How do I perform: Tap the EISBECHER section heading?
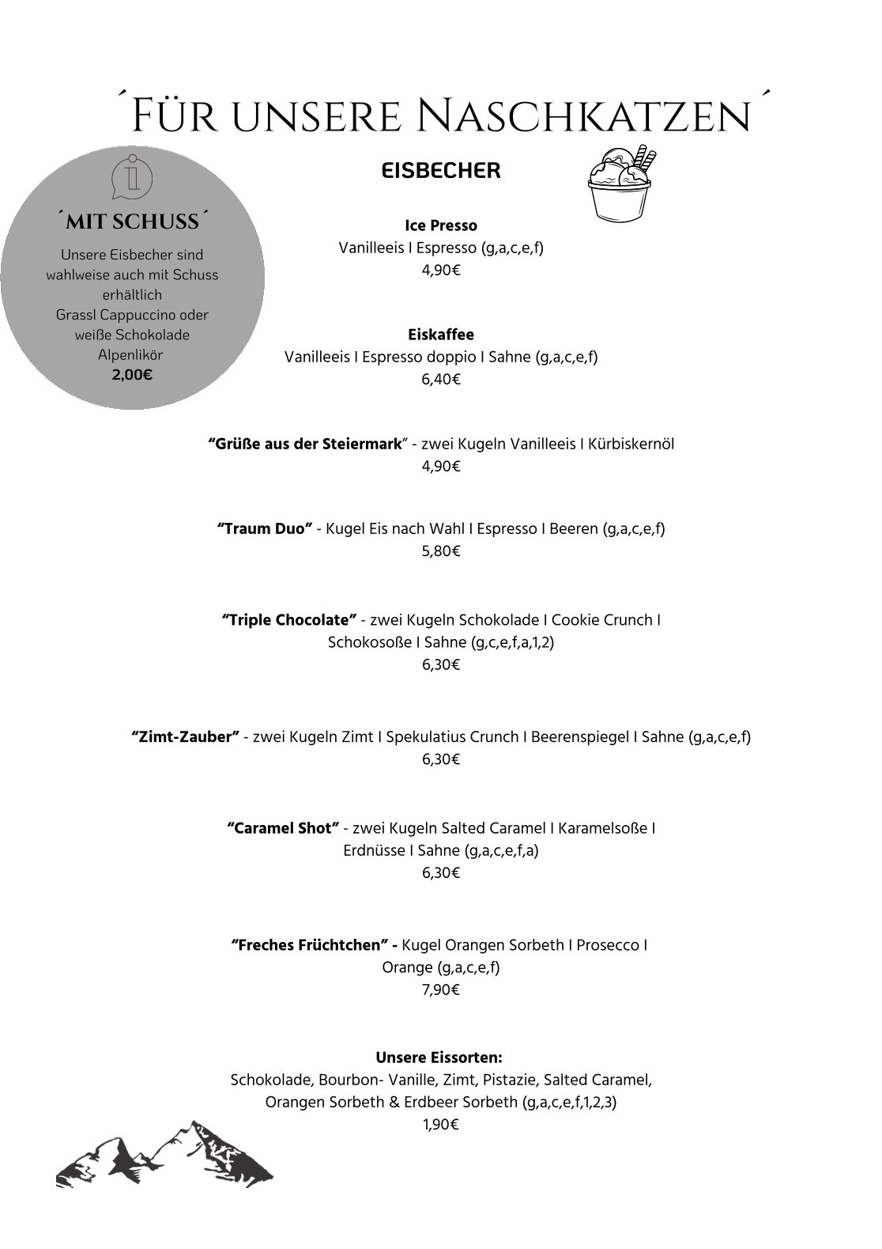441,171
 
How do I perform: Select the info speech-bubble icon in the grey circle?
132,177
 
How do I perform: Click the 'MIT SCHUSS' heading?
132,222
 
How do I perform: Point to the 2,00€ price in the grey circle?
132,375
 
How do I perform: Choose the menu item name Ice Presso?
441,226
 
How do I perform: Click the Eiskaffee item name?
441,335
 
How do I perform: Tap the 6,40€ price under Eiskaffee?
441,380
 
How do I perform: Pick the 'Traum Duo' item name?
265,528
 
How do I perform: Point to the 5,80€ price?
441,551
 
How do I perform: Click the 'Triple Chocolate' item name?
289,620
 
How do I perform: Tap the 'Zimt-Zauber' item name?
185,737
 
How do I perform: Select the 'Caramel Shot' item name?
283,829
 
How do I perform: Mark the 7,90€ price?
441,990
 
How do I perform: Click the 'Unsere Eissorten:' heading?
439,1058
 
